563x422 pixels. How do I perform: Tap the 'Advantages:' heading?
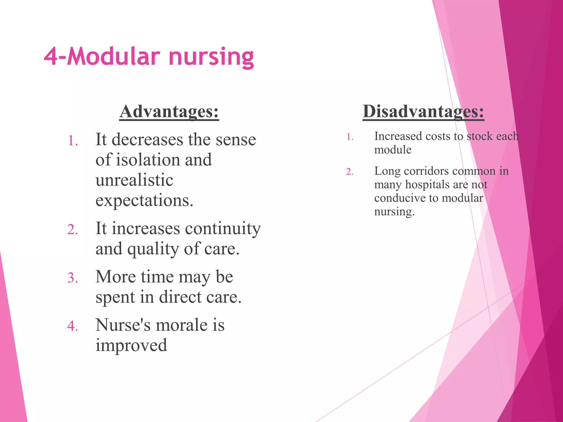click(x=169, y=112)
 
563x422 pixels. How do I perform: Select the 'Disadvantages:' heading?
click(x=423, y=112)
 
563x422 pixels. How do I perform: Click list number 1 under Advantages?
click(x=73, y=141)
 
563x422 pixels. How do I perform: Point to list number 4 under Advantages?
click(x=73, y=326)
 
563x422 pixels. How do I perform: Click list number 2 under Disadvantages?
click(x=350, y=172)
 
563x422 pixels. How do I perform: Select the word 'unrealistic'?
click(x=134, y=180)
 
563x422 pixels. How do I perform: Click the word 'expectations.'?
click(x=144, y=201)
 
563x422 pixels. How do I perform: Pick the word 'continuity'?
click(x=222, y=229)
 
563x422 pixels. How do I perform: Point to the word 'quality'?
click(x=153, y=249)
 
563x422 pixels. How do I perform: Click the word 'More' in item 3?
click(x=115, y=277)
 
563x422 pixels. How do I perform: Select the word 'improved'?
click(x=131, y=345)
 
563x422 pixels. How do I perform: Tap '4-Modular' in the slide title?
click(x=102, y=57)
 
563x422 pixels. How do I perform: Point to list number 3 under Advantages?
click(x=73, y=278)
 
